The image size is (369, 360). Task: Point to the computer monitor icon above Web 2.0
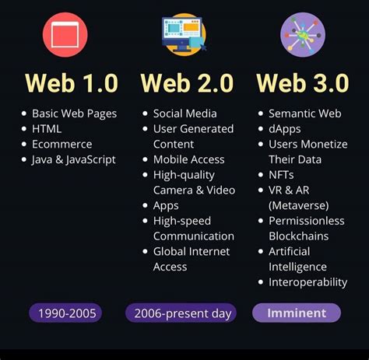coord(184,33)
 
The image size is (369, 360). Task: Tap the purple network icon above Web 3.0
coord(302,33)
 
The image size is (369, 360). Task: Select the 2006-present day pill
coord(181,313)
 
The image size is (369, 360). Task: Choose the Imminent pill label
coord(297,313)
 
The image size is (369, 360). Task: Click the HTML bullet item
coord(47,128)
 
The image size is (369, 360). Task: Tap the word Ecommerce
coord(61,144)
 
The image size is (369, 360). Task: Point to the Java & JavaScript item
coord(73,159)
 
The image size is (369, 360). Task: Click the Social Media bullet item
coord(184,114)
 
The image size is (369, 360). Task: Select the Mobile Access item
coord(188,159)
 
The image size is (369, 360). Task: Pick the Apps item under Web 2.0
coord(166,205)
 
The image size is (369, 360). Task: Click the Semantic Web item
coord(305,114)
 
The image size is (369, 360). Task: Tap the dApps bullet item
coord(285,128)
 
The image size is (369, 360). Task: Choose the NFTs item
coord(281,175)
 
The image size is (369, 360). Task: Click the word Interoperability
coord(307,282)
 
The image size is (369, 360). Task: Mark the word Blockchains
coord(299,236)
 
